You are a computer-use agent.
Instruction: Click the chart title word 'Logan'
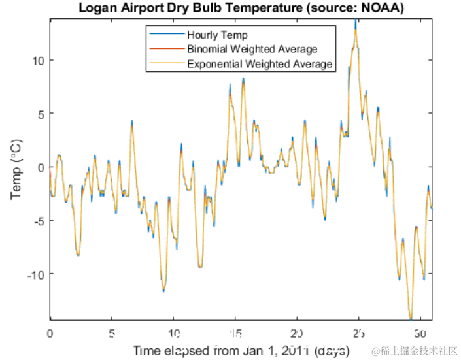coord(97,8)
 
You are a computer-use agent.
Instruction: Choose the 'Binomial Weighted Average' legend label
coord(252,49)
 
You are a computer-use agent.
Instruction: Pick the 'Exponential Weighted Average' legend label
coord(260,64)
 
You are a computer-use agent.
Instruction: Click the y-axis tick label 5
coord(41,114)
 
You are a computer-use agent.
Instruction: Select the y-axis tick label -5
coord(39,220)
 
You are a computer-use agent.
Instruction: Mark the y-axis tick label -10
coord(36,274)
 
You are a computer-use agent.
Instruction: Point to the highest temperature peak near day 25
coord(355,21)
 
